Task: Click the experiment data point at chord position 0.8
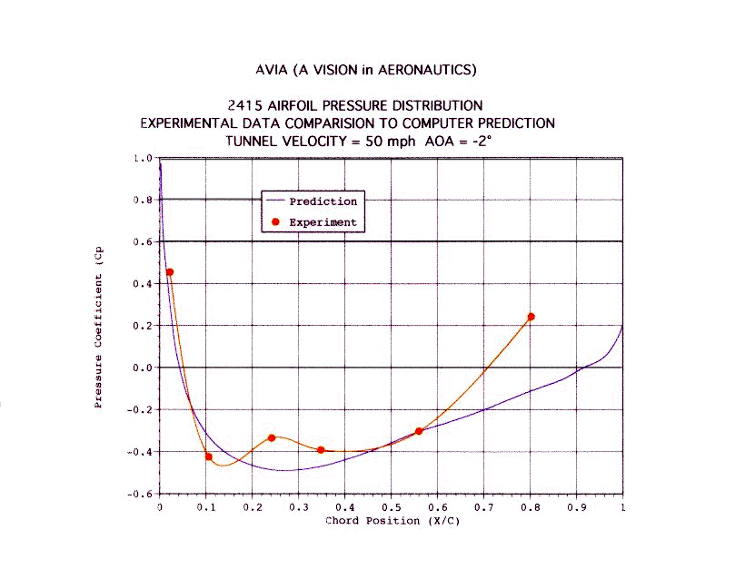click(531, 317)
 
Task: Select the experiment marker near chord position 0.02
click(169, 272)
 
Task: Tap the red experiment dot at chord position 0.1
click(208, 456)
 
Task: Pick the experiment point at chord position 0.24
click(271, 437)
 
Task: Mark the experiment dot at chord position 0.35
click(321, 450)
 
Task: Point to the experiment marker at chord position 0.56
click(418, 431)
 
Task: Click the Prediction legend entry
click(323, 201)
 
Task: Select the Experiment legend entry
click(323, 222)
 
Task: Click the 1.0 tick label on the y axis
click(143, 158)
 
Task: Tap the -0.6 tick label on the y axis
click(140, 494)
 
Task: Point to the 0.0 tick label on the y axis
click(143, 368)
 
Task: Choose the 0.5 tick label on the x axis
click(391, 508)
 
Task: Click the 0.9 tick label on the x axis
click(576, 508)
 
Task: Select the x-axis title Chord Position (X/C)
click(391, 521)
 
